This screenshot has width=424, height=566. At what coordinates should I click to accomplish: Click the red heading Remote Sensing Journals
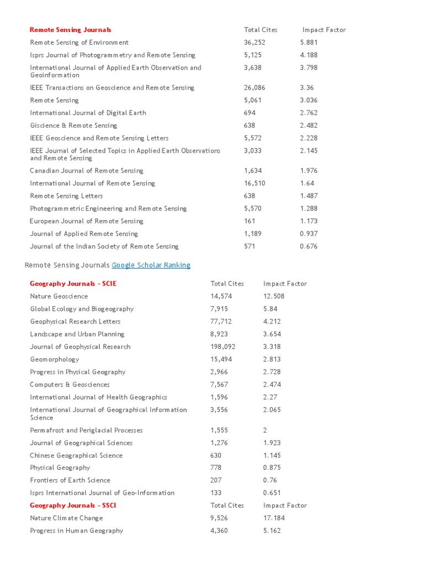coord(70,30)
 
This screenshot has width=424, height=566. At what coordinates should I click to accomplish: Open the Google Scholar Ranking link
coord(151,265)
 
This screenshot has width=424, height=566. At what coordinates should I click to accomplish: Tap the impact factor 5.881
coord(309,43)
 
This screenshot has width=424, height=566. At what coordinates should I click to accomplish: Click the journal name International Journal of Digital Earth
coord(88,113)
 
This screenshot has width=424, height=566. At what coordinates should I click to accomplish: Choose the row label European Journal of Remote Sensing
coord(86,221)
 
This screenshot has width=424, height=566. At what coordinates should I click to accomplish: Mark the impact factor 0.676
coord(309,247)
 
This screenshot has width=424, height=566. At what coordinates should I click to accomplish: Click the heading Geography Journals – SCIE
coord(73,284)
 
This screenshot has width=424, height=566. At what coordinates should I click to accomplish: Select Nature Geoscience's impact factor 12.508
coord(274,296)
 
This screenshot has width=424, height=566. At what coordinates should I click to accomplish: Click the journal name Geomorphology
coord(54,359)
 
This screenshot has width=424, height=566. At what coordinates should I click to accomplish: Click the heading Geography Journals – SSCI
coord(73,506)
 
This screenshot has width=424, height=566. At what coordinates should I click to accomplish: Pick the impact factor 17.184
coord(274,518)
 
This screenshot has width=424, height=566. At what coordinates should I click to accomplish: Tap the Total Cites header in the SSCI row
coord(227,506)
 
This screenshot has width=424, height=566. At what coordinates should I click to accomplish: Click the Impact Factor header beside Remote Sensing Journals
coord(324,30)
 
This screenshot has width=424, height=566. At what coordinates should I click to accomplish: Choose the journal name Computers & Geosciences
coord(70,385)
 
